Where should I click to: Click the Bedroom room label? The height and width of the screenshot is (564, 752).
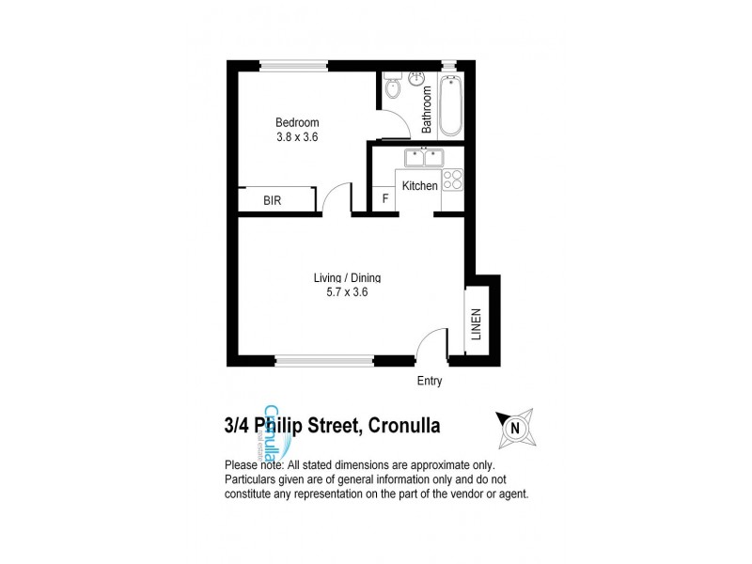point(297,123)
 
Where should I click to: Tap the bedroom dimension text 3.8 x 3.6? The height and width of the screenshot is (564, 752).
point(297,137)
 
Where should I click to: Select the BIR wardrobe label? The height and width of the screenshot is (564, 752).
point(273,201)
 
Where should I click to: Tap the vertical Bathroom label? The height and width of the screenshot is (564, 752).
point(426,108)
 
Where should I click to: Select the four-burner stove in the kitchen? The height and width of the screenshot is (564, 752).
point(451,180)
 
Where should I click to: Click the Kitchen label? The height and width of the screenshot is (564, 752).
point(419,186)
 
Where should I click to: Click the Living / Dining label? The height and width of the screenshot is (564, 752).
point(347,277)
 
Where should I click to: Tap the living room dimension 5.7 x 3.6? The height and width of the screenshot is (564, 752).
point(347,292)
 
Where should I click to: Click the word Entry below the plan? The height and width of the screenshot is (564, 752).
point(429,382)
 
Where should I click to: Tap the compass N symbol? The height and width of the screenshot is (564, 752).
point(514,427)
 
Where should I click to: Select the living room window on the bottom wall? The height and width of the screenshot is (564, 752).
point(325,358)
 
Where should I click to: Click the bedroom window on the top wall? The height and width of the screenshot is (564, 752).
point(294,65)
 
